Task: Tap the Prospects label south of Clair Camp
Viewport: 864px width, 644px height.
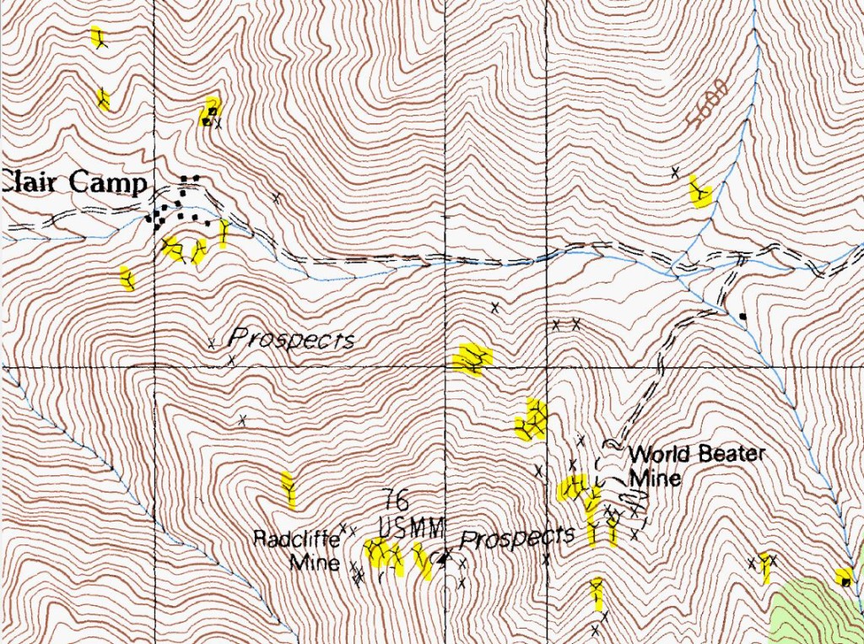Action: tap(291, 340)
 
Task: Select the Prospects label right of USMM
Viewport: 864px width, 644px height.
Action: tap(517, 537)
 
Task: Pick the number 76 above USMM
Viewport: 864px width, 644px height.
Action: tap(395, 500)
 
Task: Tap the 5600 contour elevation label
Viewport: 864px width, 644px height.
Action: tap(707, 103)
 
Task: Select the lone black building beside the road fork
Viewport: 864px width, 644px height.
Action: tap(742, 317)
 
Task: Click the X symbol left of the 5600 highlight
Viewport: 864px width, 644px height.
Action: tap(675, 172)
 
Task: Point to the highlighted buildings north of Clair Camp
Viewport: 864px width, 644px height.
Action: tap(209, 112)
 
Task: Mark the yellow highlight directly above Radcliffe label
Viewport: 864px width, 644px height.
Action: tap(289, 490)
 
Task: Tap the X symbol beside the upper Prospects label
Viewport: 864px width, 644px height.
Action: tap(211, 343)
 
